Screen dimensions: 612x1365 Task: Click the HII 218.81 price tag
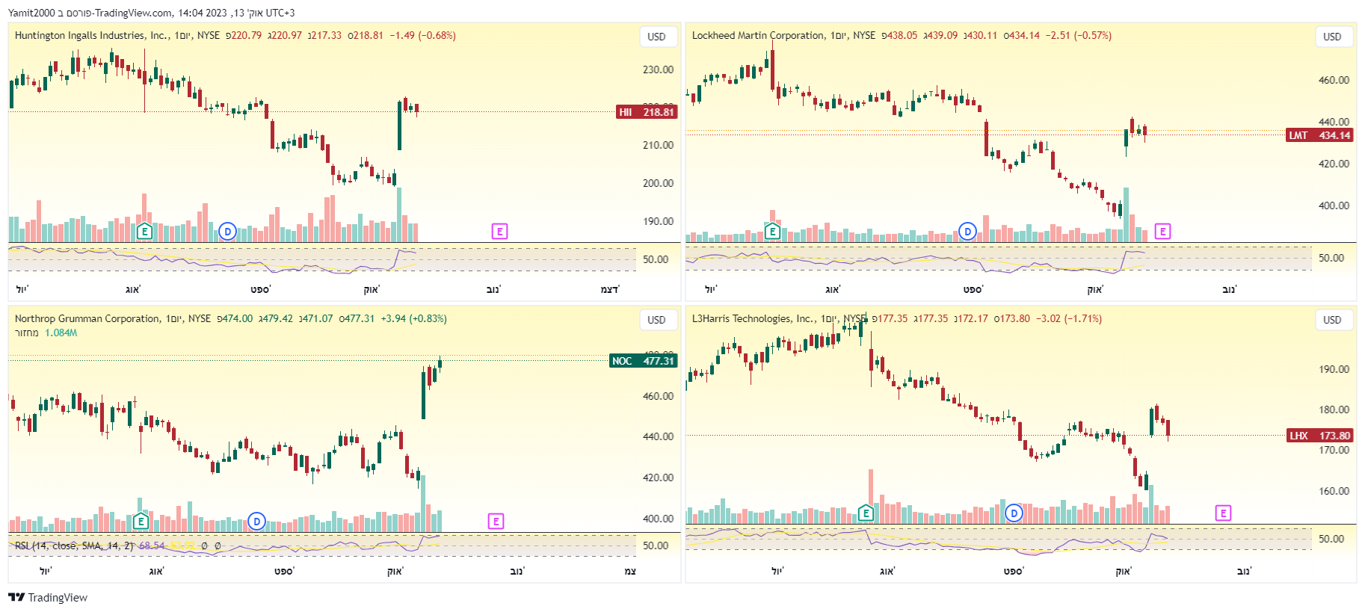647,112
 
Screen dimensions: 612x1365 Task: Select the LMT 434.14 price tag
1319,135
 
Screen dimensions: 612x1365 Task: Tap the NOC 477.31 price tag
643,361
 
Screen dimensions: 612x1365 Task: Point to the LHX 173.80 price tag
1319,436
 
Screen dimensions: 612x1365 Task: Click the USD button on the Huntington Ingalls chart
656,37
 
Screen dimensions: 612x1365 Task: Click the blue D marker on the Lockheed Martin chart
967,232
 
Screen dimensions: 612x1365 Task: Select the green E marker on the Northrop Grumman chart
141,521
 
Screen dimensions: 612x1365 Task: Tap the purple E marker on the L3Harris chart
1223,513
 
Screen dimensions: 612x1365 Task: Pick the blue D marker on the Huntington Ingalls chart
228,232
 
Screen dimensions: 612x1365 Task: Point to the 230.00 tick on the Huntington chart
658,69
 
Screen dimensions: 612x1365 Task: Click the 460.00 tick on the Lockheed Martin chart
1334,80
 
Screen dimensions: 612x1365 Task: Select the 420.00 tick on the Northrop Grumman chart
658,477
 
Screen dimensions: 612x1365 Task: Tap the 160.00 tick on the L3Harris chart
1334,491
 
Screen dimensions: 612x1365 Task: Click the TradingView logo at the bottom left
48,597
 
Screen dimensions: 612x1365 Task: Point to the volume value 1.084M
61,333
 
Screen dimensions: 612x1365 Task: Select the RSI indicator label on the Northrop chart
73,545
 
